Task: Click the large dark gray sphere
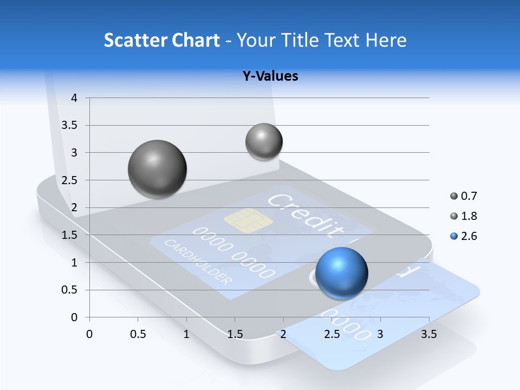(158, 169)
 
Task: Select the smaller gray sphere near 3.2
(264, 141)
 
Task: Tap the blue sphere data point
(341, 273)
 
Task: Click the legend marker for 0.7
(453, 196)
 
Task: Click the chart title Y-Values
(270, 76)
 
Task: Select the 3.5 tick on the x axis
(428, 334)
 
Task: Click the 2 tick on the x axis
(283, 334)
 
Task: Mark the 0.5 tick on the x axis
(138, 334)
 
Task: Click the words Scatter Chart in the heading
(162, 40)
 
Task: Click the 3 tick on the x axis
(380, 334)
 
